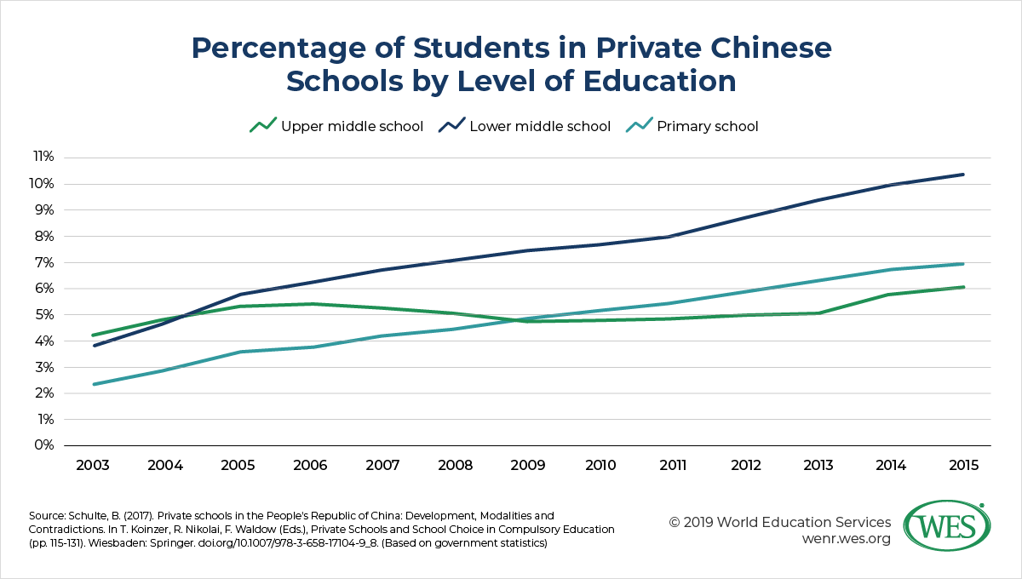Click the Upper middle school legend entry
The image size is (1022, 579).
coord(336,126)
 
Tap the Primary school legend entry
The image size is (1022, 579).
coord(692,126)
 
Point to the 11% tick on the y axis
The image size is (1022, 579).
coord(43,158)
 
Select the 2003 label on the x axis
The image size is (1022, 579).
coord(93,467)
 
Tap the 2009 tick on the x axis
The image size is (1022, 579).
coord(528,467)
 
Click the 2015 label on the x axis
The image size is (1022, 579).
coord(963,467)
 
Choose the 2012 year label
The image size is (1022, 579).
coord(745,467)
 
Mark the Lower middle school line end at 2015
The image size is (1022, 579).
coord(963,175)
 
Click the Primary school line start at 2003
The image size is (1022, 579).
coord(93,384)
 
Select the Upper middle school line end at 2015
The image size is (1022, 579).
coord(963,287)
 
